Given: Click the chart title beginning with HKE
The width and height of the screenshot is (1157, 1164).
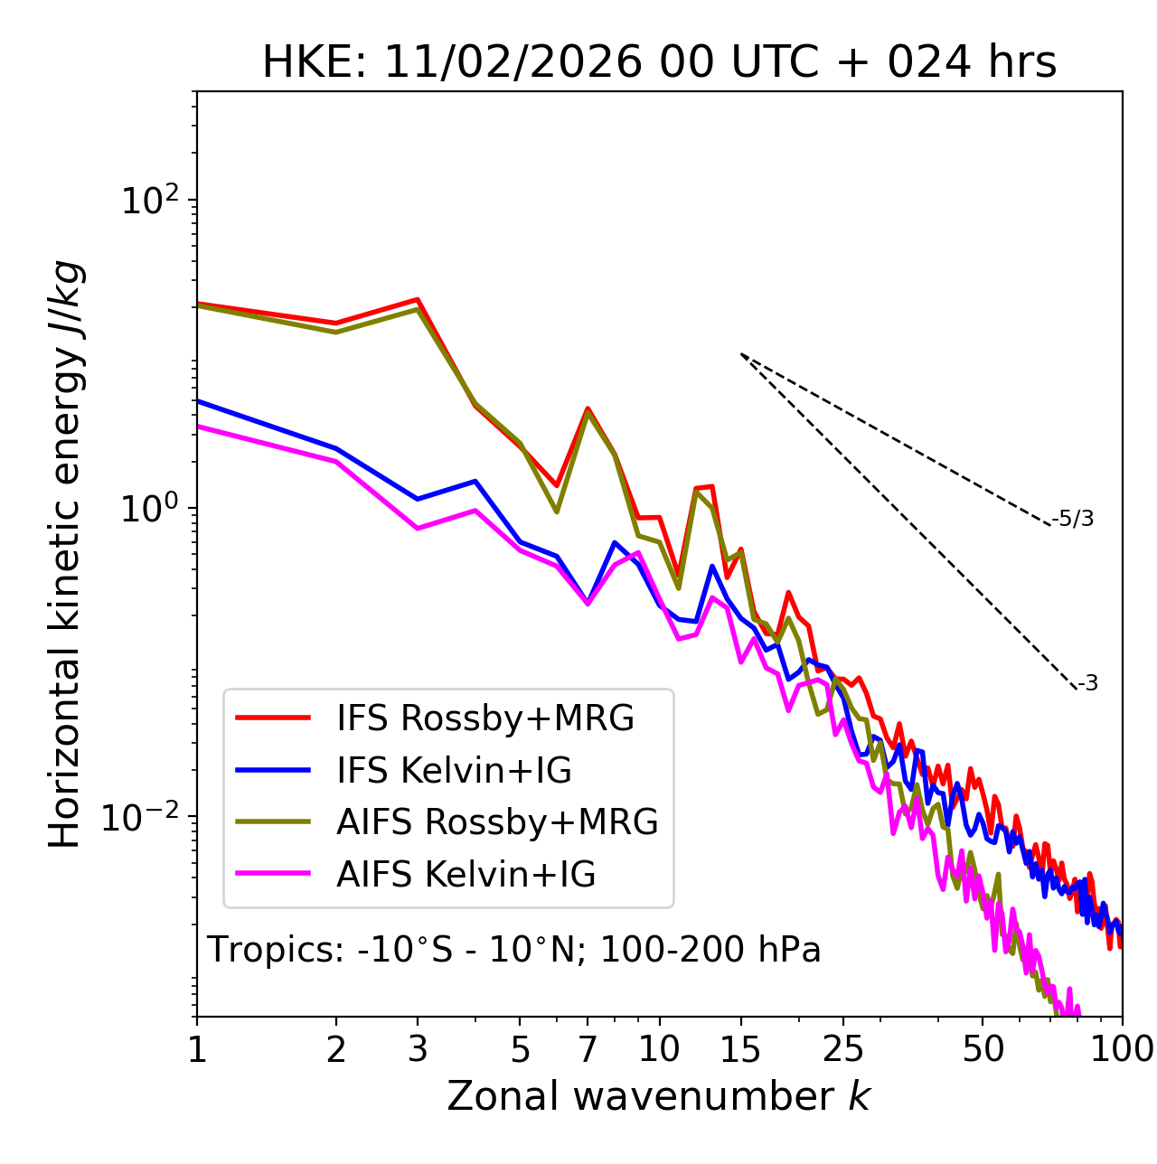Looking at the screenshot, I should click(x=659, y=63).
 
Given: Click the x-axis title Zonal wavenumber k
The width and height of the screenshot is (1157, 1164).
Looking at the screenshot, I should click(x=659, y=1096).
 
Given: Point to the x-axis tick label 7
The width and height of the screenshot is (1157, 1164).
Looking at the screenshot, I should click(x=588, y=1049).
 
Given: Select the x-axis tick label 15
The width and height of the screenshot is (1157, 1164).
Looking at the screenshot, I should click(x=740, y=1049).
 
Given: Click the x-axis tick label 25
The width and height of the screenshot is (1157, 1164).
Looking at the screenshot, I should click(x=843, y=1049).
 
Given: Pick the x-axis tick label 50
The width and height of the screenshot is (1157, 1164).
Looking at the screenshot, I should click(x=983, y=1049).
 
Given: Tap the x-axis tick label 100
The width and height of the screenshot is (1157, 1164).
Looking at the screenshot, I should click(x=1122, y=1049).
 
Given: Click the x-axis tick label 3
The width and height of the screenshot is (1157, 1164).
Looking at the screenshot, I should click(x=417, y=1049).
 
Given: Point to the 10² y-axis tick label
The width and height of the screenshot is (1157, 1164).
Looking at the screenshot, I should click(x=153, y=200).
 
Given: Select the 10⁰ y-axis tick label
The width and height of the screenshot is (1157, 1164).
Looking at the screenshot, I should click(x=153, y=508).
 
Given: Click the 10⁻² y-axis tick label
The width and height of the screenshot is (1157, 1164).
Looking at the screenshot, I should click(x=145, y=817).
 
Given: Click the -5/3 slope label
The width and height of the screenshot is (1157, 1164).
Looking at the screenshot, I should click(x=1073, y=520).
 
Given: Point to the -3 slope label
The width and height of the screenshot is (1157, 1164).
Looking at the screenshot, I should click(x=1087, y=684).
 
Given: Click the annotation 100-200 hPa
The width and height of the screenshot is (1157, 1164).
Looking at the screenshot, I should click(x=710, y=950).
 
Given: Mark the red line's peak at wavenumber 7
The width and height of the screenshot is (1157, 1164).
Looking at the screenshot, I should click(x=588, y=408).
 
